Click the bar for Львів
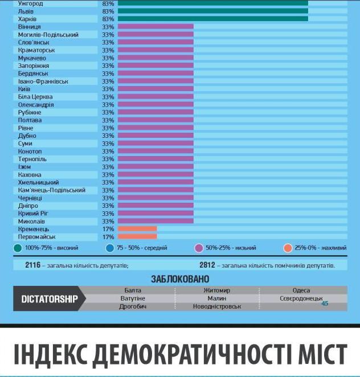[212, 11]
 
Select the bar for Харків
[212, 19]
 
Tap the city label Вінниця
[30, 27]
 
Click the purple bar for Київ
[155, 89]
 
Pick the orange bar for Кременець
[137, 229]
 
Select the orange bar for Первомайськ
[137, 236]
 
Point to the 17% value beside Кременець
[108, 229]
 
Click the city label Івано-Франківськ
[43, 81]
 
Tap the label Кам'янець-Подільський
[52, 190]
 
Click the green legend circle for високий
[18, 248]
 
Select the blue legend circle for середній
[111, 248]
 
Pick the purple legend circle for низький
[199, 248]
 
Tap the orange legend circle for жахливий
[288, 248]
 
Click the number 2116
[33, 265]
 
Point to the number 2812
[207, 265]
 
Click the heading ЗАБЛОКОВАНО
[180, 279]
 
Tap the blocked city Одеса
[301, 290]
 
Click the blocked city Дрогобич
[133, 307]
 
